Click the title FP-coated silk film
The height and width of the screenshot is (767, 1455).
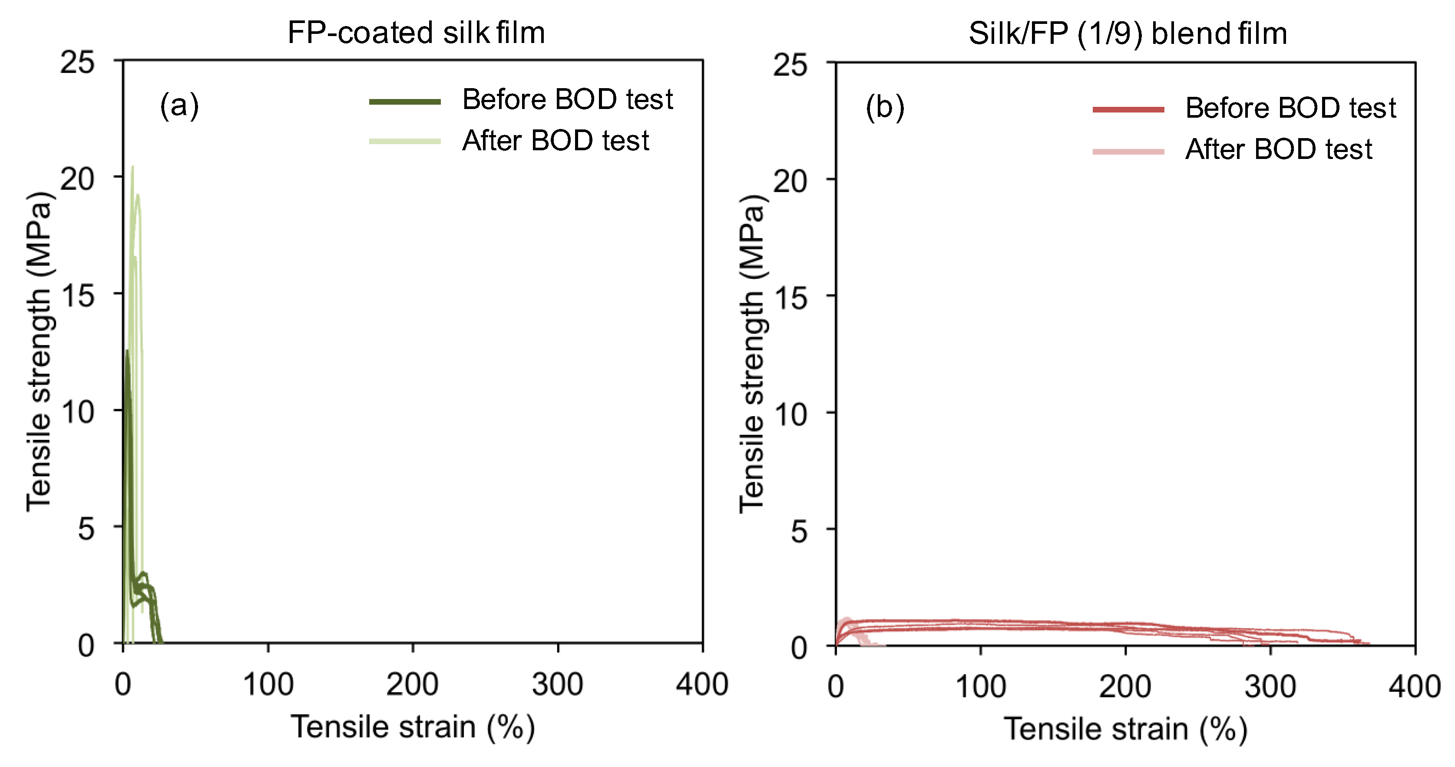point(416,33)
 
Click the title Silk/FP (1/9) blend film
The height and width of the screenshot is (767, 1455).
point(1128,34)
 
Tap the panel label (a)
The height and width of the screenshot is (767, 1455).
point(179,106)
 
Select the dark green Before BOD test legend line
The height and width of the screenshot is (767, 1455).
point(404,102)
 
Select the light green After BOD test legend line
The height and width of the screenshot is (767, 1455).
point(404,141)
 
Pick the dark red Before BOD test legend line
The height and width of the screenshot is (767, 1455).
point(1128,109)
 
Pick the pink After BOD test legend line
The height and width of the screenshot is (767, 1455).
point(1128,152)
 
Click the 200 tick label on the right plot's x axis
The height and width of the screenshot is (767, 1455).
point(1125,687)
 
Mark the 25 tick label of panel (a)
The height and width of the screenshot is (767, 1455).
point(77,62)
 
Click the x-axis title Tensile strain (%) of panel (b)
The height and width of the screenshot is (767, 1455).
point(1125,729)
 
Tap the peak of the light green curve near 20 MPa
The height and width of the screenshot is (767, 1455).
point(133,167)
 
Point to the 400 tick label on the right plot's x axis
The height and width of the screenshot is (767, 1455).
point(1414,687)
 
